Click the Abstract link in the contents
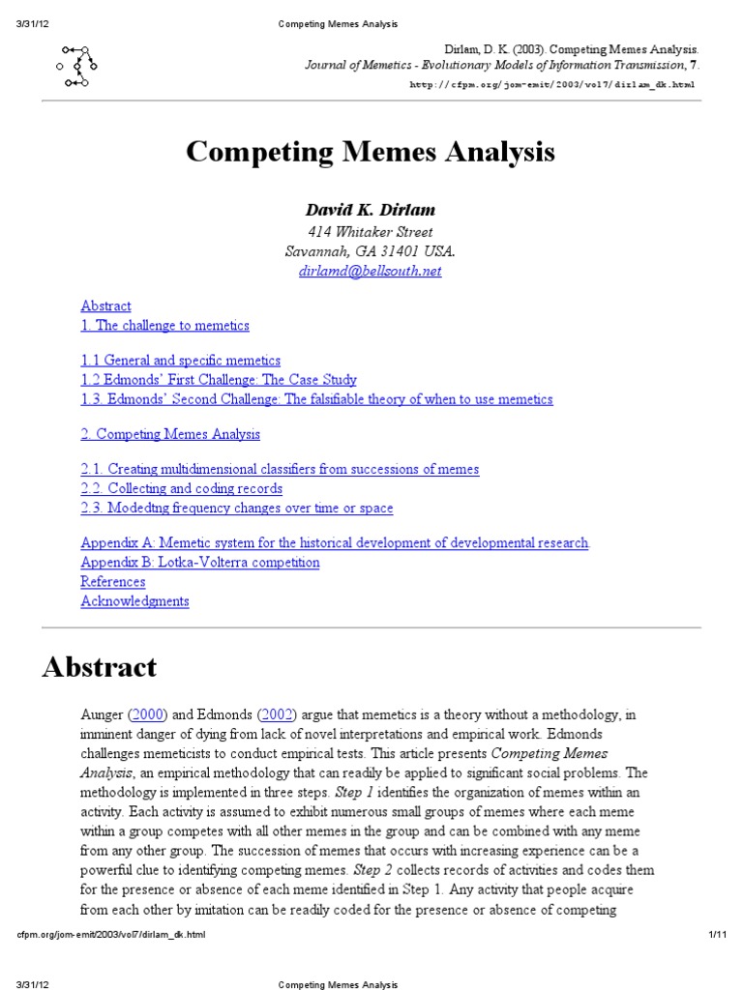(105, 306)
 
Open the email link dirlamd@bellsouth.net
(371, 271)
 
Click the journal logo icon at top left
(77, 67)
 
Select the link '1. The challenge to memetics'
(164, 326)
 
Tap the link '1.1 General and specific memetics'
(181, 361)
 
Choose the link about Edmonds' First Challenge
(219, 380)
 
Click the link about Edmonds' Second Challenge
(316, 399)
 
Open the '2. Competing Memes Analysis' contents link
(170, 434)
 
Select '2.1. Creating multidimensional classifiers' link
(280, 469)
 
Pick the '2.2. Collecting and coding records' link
(182, 488)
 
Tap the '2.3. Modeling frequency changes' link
(237, 508)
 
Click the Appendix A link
(335, 542)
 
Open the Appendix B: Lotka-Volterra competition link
(200, 562)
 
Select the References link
(113, 581)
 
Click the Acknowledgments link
(134, 601)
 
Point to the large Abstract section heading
(100, 667)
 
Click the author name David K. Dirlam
(371, 210)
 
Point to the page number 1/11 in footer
(717, 935)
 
